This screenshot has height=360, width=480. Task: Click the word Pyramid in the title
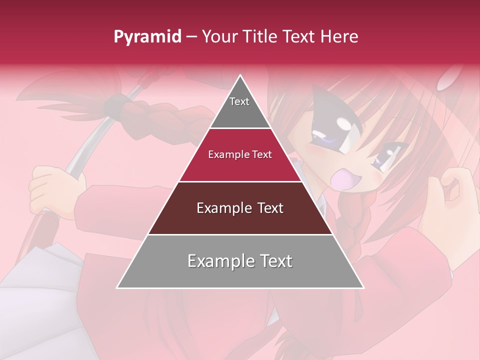(147, 37)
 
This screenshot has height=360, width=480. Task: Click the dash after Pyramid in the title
(191, 37)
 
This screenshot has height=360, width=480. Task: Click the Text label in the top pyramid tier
(239, 101)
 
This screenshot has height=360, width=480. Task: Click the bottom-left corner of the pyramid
(117, 288)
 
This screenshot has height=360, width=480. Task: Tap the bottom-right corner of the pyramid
(363, 288)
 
